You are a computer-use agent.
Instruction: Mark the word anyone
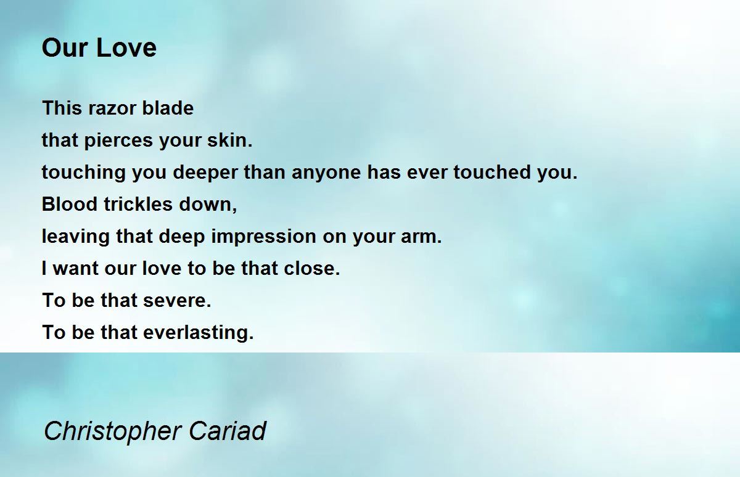click(326, 173)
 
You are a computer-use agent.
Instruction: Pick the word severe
click(178, 301)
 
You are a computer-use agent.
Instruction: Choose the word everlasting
click(199, 333)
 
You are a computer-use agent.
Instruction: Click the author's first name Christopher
click(112, 431)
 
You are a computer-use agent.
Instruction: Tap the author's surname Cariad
click(227, 431)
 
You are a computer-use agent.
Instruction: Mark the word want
click(75, 269)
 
